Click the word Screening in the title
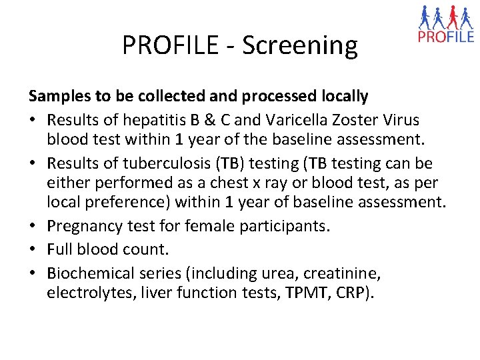tap(300, 45)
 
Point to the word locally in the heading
tap(341, 97)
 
